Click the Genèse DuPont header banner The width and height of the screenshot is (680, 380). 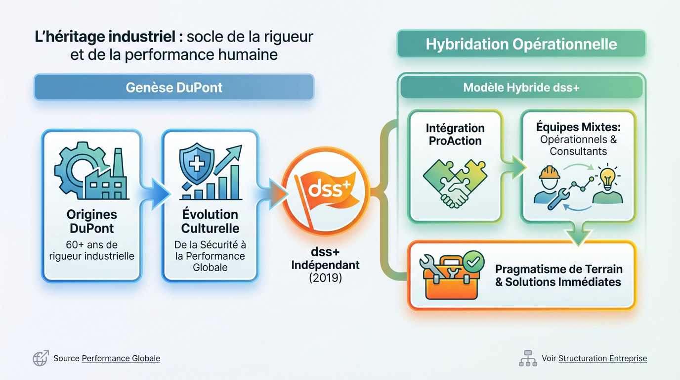coord(173,88)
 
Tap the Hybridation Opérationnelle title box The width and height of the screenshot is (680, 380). coord(521,44)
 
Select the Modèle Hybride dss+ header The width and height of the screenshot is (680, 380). coord(521,88)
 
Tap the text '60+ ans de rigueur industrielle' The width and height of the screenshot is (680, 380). coord(92,250)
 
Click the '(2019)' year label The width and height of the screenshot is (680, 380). coord(325,278)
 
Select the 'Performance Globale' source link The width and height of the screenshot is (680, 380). coord(121,358)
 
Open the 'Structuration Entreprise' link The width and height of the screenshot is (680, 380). coord(602,358)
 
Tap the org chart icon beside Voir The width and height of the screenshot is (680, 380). coord(528,358)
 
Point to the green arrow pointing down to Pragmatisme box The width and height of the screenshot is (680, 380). coord(579,235)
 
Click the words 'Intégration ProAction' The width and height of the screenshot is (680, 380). coord(455,134)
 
